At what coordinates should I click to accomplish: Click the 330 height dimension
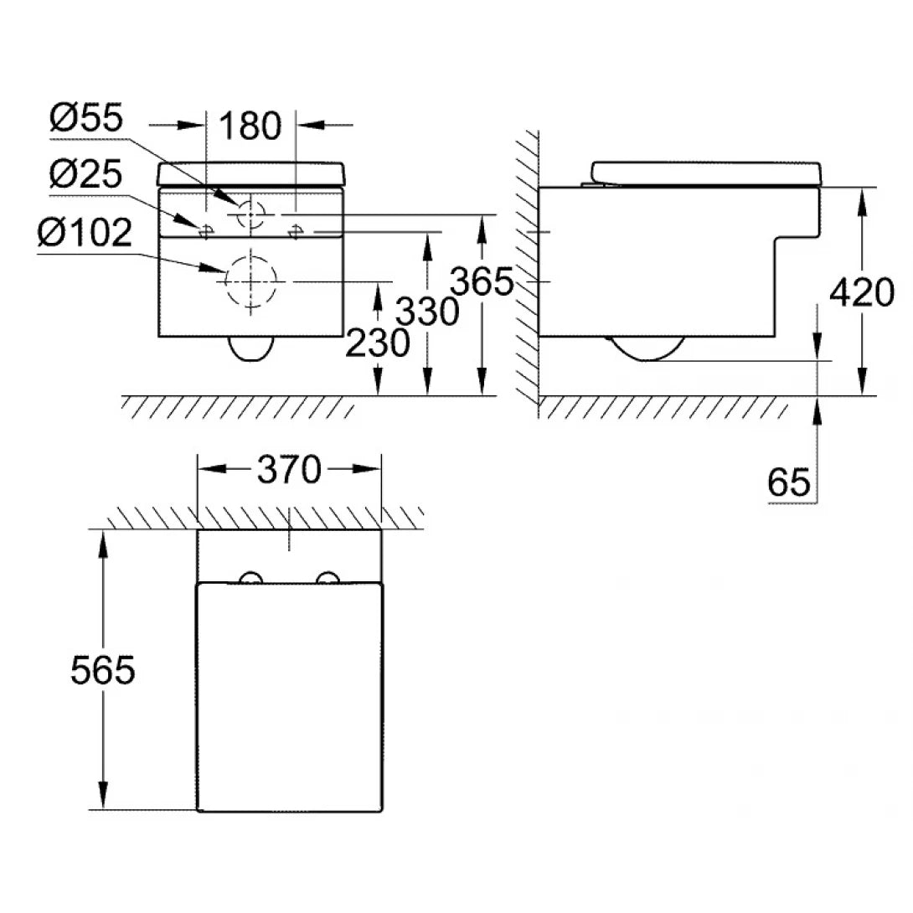click(427, 312)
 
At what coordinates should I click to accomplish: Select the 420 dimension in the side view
click(862, 293)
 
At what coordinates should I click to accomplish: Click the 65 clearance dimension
click(788, 482)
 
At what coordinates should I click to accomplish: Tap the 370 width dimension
click(288, 471)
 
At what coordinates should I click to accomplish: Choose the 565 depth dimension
click(102, 670)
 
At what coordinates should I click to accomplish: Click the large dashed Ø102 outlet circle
click(250, 281)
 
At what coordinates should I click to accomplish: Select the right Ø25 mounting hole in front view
click(295, 230)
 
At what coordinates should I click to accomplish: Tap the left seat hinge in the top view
click(250, 578)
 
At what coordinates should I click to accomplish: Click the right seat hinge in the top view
click(328, 578)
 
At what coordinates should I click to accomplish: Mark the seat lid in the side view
click(708, 171)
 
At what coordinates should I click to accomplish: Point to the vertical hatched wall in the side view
click(527, 268)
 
